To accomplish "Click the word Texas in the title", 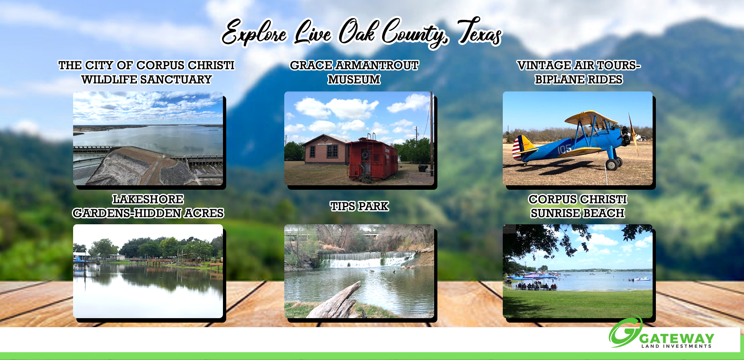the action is pyautogui.click(x=480, y=32).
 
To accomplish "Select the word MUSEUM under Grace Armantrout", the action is pyautogui.click(x=354, y=80).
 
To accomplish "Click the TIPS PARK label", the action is pyautogui.click(x=359, y=206).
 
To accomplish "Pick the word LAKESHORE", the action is pyautogui.click(x=148, y=199).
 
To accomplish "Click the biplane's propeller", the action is pyautogui.click(x=633, y=134).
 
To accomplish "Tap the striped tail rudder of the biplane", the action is pyautogui.click(x=518, y=147).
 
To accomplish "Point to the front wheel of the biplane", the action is pyautogui.click(x=612, y=165).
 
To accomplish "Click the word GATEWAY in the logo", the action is pyautogui.click(x=677, y=338).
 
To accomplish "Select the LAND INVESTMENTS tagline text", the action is pyautogui.click(x=677, y=346).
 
